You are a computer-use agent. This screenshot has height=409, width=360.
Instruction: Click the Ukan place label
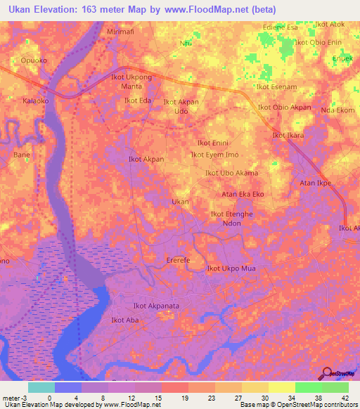click(x=181, y=202)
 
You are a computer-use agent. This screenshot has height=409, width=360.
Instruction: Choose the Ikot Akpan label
click(x=146, y=160)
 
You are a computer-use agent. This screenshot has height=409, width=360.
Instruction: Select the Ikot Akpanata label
click(x=157, y=306)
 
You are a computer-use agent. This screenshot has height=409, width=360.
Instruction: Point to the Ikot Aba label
click(x=125, y=320)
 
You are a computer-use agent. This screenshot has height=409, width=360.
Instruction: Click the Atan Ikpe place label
click(x=316, y=183)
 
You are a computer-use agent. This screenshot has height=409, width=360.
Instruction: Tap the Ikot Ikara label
click(x=288, y=135)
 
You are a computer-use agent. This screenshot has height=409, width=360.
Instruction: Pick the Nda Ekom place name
click(x=337, y=110)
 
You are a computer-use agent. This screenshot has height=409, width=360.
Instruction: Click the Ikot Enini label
click(x=213, y=143)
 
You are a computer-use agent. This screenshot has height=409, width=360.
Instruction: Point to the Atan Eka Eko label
click(x=243, y=193)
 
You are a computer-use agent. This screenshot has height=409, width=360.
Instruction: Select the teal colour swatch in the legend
click(x=41, y=387)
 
